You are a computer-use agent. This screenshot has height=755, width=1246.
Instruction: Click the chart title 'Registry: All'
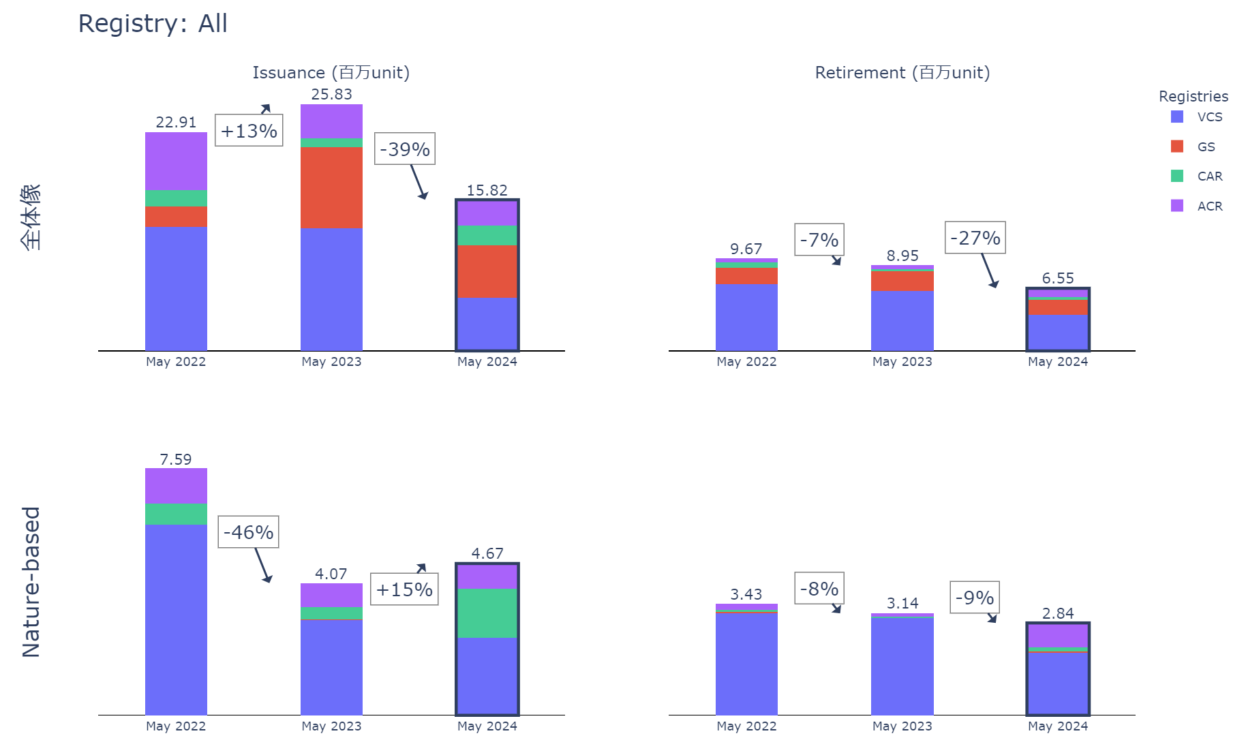[x=153, y=24]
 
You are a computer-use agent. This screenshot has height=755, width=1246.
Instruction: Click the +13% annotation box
[x=249, y=131]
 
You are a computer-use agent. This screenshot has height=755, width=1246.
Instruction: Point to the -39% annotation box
[x=405, y=149]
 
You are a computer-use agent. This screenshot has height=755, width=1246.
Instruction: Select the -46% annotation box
[x=249, y=532]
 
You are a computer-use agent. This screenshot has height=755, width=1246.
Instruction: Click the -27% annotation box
[x=975, y=238]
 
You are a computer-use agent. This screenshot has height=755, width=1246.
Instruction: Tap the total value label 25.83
[x=331, y=95]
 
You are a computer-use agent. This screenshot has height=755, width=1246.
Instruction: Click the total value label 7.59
[x=176, y=460]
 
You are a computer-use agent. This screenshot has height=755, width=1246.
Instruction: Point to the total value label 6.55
[x=1058, y=279]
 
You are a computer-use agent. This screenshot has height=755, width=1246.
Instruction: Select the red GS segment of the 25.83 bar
[x=331, y=188]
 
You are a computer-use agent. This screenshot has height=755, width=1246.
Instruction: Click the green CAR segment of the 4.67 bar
[x=487, y=613]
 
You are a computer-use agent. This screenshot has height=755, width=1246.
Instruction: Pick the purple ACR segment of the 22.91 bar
[x=176, y=161]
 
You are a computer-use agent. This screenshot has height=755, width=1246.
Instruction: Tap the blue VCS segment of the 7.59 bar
[x=176, y=619]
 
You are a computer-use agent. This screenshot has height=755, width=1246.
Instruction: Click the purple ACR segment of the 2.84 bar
[x=1058, y=636]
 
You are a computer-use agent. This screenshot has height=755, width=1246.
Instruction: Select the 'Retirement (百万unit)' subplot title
[x=902, y=73]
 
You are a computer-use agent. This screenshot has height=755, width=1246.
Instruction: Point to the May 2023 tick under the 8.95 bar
[x=902, y=362]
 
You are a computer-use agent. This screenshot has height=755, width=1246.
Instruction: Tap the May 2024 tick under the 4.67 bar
[x=487, y=726]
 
